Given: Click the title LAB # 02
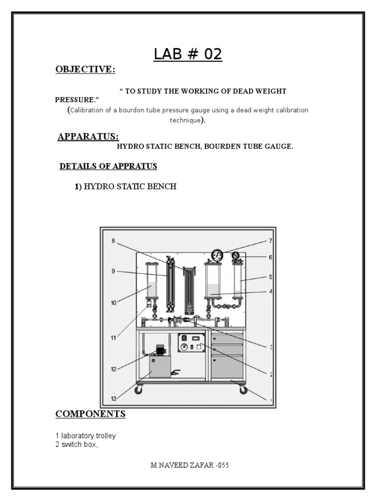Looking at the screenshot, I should coord(188,54).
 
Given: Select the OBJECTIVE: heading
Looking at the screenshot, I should coord(86,70).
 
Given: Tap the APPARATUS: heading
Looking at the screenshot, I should coord(88,136).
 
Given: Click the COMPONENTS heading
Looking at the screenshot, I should coord(91,414).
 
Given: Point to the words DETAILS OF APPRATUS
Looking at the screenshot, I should coord(108,166).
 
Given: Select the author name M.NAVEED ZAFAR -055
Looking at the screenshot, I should coord(189,465).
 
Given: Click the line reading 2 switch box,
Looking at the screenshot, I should coord(74,444).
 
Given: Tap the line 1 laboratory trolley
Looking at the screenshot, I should coord(86,435).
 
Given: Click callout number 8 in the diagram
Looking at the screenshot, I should coord(113,240).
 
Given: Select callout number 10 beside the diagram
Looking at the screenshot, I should coord(114,303).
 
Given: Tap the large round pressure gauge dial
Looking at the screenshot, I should coord(217,255).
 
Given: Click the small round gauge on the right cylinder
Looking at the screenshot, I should coord(236,256).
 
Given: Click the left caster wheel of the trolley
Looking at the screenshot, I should coord(140,390).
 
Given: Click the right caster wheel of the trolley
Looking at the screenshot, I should coord(243,390).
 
